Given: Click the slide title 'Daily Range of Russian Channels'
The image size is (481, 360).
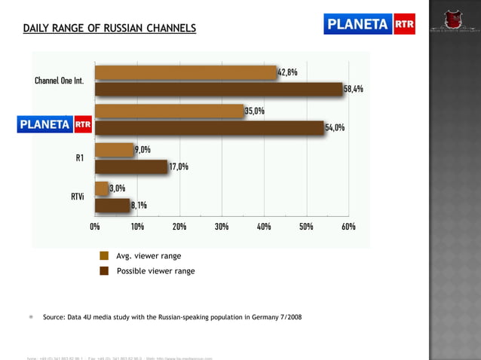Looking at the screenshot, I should coord(109,29).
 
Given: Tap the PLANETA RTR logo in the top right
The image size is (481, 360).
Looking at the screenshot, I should coord(369,24).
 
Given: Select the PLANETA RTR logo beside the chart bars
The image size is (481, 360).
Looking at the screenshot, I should coord(55,124).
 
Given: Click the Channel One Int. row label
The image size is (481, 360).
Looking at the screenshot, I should coord(59,81).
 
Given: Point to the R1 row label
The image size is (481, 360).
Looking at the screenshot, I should coord(80,158).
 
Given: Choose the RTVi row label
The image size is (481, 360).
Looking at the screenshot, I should coord(77,196).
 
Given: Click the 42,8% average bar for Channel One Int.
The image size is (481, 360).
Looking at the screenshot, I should coord(185,72).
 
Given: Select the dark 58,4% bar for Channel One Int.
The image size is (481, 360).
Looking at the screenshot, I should coord(219,89).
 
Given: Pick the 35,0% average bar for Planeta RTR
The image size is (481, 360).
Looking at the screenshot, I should coord(169,111).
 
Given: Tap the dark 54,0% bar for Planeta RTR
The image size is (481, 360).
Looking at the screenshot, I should coord(209,127).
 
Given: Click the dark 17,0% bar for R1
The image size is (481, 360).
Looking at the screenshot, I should coord(131,166).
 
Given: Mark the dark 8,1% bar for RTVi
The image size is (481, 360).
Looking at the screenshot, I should coord(112,205).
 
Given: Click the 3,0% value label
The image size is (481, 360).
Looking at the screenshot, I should coord(118,188).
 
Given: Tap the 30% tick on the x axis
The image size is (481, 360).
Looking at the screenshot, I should coord(222,226).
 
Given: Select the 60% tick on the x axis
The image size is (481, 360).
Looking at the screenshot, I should coord(348,226).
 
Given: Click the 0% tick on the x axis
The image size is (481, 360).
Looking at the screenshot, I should coord(95,226).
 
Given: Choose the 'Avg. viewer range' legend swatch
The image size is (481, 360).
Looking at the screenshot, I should coord(105,256).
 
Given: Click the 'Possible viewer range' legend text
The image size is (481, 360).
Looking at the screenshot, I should coord(155,271).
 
